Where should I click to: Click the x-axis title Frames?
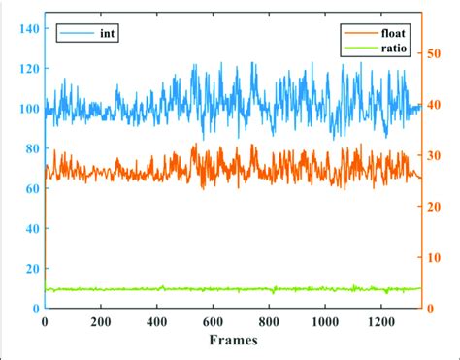(x=233, y=341)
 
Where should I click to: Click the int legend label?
(x=108, y=35)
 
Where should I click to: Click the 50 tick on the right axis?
(x=438, y=54)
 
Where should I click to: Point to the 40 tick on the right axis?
(x=438, y=105)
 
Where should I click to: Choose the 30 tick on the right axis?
(x=438, y=155)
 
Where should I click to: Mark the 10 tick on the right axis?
(x=438, y=257)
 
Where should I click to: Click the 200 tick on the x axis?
(x=101, y=321)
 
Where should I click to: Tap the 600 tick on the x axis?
(x=213, y=321)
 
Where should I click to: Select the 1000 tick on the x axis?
(x=324, y=321)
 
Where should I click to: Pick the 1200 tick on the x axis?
(x=380, y=321)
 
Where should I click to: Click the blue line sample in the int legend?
(x=74, y=35)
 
